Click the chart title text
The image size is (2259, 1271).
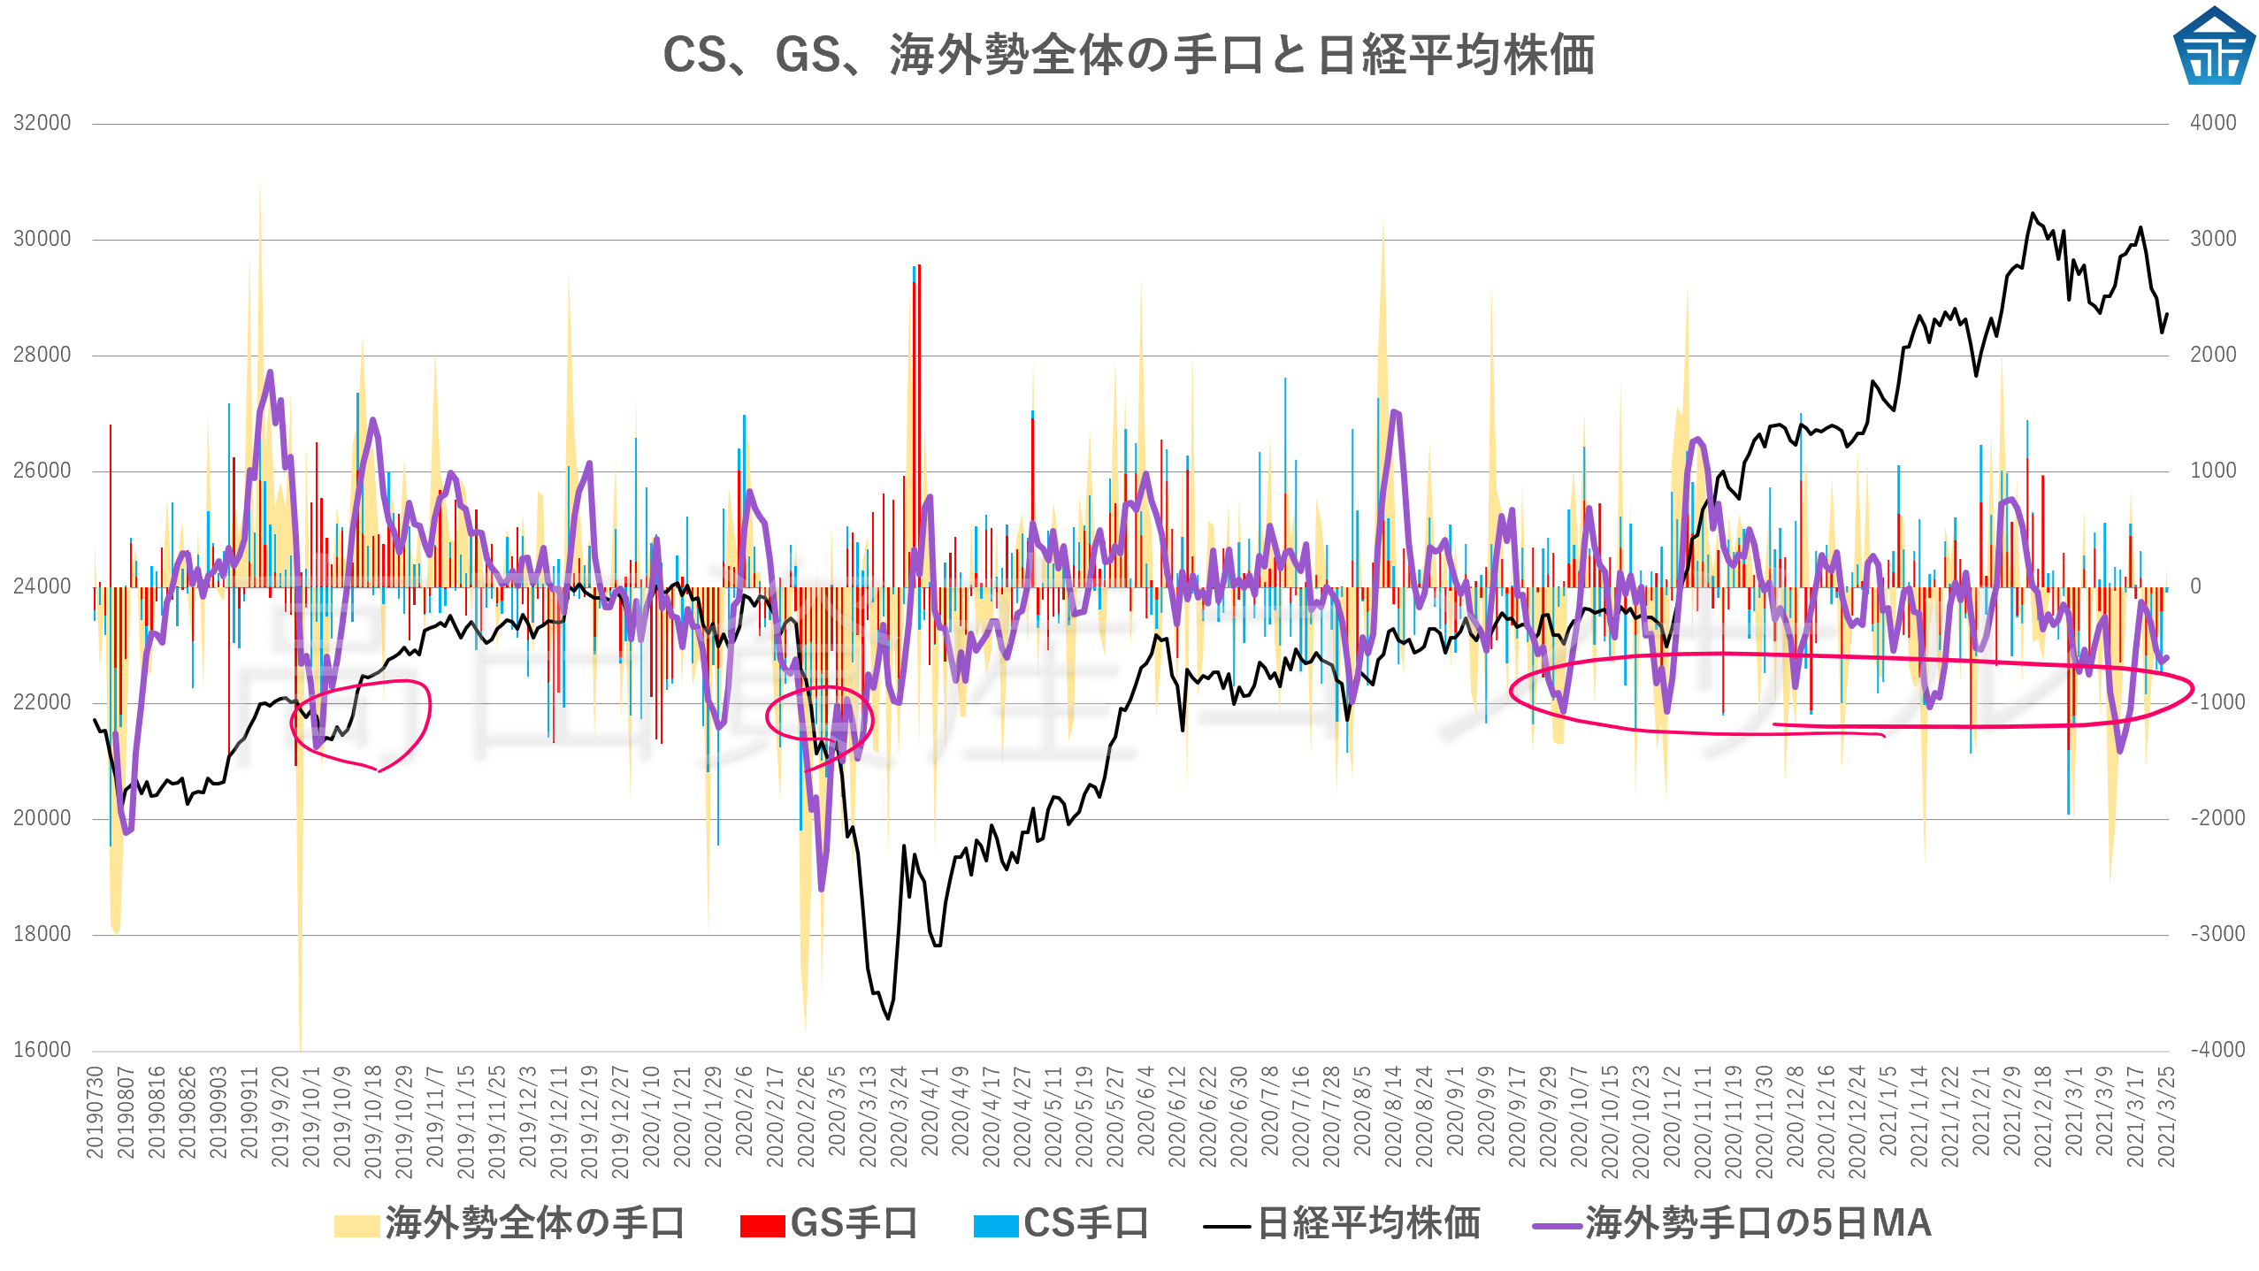point(1129,55)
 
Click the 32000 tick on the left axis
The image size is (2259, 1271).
point(42,123)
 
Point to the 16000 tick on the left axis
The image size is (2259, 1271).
point(42,1050)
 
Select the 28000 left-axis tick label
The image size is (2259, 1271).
point(42,355)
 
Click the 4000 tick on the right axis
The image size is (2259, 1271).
point(2213,123)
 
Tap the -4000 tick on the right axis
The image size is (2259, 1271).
point(2217,1050)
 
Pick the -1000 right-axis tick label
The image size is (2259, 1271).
point(2217,702)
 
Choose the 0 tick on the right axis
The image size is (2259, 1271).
point(2195,586)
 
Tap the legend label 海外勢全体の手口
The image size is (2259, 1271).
point(535,1224)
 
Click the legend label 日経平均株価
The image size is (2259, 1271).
point(1368,1224)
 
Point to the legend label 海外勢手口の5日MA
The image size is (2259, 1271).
point(1757,1224)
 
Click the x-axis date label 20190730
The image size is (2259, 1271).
point(95,1112)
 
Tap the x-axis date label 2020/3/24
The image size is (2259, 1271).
point(899,1117)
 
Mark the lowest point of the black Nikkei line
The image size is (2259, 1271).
point(888,1019)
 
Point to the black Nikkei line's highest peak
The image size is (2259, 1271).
point(2033,213)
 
